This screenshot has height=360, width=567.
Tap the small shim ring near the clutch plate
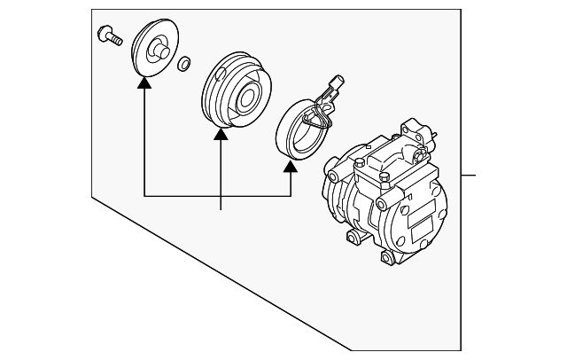pyautogui.click(x=183, y=64)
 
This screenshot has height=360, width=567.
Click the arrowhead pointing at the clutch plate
pyautogui.click(x=143, y=84)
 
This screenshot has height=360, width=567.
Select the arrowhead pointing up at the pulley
pyautogui.click(x=220, y=134)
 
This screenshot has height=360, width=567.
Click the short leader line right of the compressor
pyautogui.click(x=469, y=175)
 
